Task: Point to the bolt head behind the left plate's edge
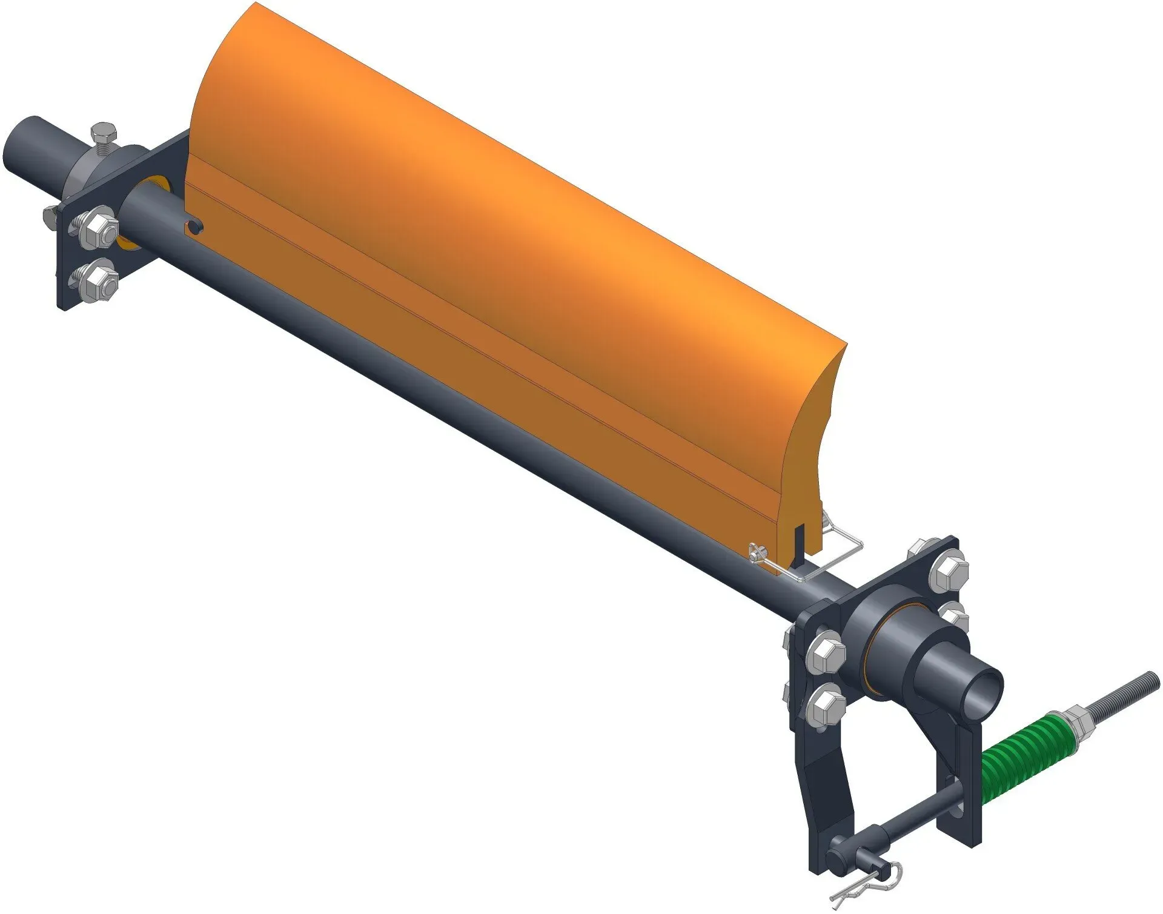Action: (x=51, y=215)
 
